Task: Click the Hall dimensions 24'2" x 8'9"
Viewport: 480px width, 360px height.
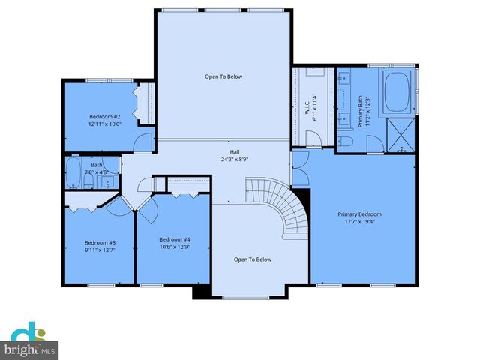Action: (224, 158)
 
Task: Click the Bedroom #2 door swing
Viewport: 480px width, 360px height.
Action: (145, 142)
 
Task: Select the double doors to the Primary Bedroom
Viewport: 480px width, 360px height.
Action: (300, 170)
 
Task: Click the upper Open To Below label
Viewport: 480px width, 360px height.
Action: (223, 76)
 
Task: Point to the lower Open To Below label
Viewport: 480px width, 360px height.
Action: (252, 259)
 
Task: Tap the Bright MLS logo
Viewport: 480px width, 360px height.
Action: (30, 340)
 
